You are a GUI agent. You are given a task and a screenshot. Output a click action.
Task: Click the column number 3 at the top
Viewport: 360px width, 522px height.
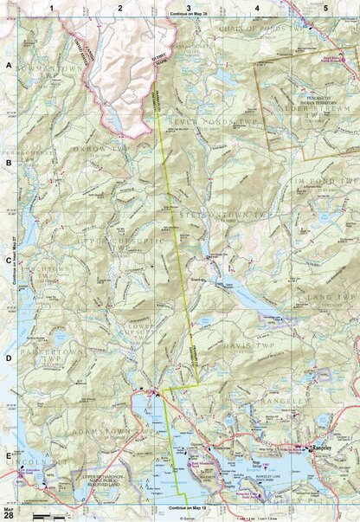tap(188, 7)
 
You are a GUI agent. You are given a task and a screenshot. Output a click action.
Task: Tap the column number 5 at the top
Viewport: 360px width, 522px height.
tap(325, 7)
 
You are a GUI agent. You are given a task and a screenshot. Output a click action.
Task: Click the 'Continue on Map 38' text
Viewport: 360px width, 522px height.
tap(188, 16)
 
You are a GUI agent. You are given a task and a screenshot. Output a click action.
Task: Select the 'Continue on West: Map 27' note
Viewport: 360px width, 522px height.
tap(17, 260)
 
